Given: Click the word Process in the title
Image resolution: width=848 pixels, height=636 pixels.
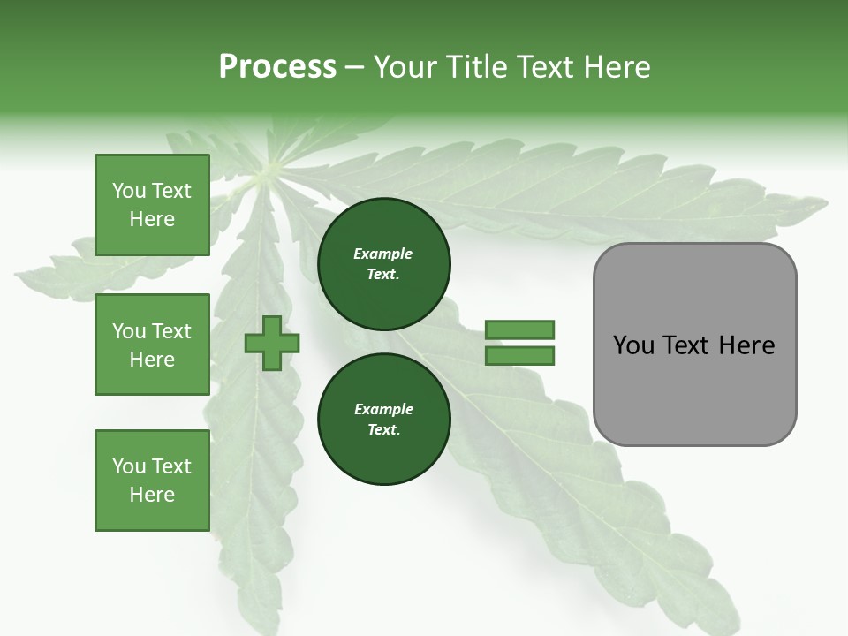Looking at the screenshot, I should [277, 67].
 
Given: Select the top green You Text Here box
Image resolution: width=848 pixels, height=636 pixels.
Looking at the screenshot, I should [152, 205].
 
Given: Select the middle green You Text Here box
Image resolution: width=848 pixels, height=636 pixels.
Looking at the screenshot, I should [152, 344].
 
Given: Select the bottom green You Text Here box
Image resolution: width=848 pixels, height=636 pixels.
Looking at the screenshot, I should [152, 481].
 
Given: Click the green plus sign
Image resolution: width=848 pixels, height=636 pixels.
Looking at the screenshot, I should [272, 344].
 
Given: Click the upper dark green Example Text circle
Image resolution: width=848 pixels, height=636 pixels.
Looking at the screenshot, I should [383, 263].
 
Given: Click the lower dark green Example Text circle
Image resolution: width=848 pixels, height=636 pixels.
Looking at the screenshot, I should [383, 419].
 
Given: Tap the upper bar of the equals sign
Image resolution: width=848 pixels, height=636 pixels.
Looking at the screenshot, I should [519, 330].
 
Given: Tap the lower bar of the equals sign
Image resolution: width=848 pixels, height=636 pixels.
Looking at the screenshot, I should [519, 356].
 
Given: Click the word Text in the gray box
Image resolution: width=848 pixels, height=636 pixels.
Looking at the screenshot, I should [686, 345].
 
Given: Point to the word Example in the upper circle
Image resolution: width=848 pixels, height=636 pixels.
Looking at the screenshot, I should [383, 254].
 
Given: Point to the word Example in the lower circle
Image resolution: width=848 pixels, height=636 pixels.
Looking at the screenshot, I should [383, 409].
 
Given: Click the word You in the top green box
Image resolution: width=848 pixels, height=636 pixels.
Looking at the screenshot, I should [128, 191].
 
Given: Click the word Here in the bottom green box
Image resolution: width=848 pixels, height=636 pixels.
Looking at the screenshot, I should [152, 495].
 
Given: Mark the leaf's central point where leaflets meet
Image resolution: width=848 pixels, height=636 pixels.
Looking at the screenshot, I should [269, 168].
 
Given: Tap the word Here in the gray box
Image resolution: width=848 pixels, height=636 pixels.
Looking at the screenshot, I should [747, 345].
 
